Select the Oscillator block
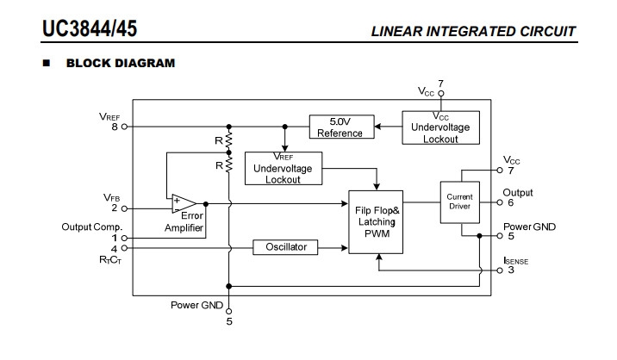point(284,247)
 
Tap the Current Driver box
point(459,203)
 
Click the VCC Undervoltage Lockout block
point(440,127)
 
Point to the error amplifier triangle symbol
point(182,204)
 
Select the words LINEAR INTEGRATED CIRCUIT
point(473,33)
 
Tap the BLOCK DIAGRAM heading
point(121,63)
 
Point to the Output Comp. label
point(93,227)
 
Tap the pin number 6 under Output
point(510,203)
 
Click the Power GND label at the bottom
point(196,306)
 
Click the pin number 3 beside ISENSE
point(510,270)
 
